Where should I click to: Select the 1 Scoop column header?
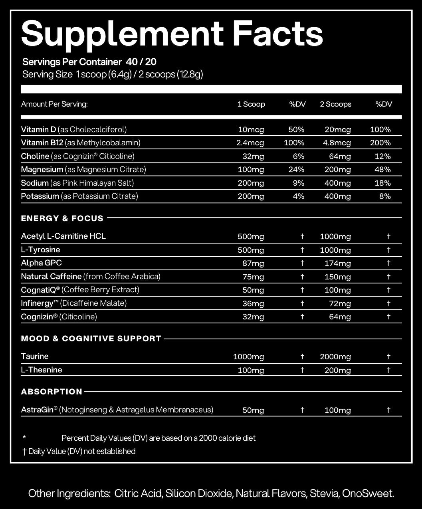pyautogui.click(x=251, y=104)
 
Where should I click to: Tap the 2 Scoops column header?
pyautogui.click(x=335, y=104)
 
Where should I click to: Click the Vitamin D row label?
pyautogui.click(x=39, y=129)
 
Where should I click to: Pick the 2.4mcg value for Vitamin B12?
pyautogui.click(x=250, y=143)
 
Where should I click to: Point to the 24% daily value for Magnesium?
pyautogui.click(x=296, y=170)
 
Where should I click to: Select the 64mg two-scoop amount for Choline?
pyautogui.click(x=340, y=156)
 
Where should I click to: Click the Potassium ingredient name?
pyautogui.click(x=40, y=196)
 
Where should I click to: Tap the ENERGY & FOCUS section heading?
pyautogui.click(x=62, y=218)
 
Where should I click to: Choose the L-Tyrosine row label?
pyautogui.click(x=41, y=250)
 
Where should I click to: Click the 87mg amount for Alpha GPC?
pyautogui.click(x=253, y=263)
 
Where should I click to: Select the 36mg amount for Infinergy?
pyautogui.click(x=253, y=304)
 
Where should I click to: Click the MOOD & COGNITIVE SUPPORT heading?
pyautogui.click(x=91, y=339)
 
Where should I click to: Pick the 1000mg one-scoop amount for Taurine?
pyautogui.click(x=248, y=357)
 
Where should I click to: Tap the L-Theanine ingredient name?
pyautogui.click(x=42, y=370)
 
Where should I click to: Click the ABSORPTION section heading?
pyautogui.click(x=52, y=392)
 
